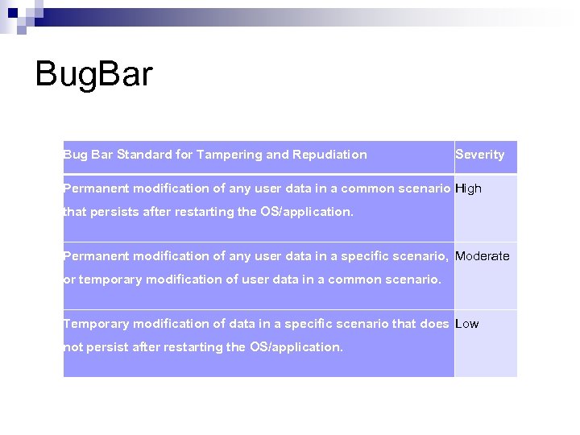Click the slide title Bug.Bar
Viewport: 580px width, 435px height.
tap(93, 75)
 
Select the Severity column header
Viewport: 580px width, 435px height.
tap(479, 155)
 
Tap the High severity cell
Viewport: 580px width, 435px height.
tap(468, 188)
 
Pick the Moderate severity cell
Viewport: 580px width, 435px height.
tap(482, 256)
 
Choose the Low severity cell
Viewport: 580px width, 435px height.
tap(466, 324)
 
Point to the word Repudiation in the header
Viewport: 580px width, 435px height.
tap(329, 155)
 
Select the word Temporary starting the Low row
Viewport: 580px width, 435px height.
tap(95, 324)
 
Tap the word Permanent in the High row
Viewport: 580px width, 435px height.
tap(94, 188)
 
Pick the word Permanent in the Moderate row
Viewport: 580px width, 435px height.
tap(94, 256)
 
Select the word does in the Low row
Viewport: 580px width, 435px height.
tap(435, 324)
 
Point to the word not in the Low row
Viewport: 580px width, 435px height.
tap(72, 348)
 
